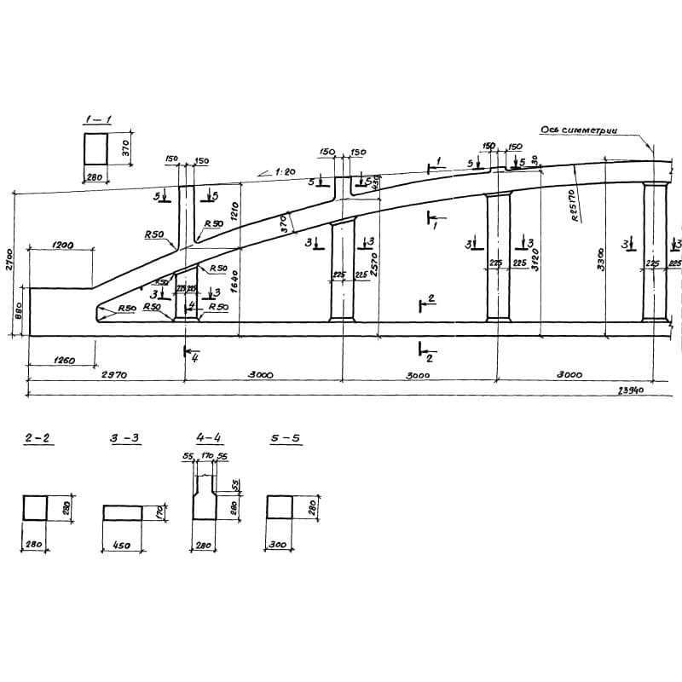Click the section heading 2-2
pos(38,438)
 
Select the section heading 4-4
pos(209,438)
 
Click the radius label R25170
pos(579,205)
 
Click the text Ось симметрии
pos(579,130)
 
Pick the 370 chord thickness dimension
pos(286,223)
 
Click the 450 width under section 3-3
pos(122,544)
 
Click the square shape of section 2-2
pos(36,508)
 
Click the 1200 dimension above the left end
pos(62,246)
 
